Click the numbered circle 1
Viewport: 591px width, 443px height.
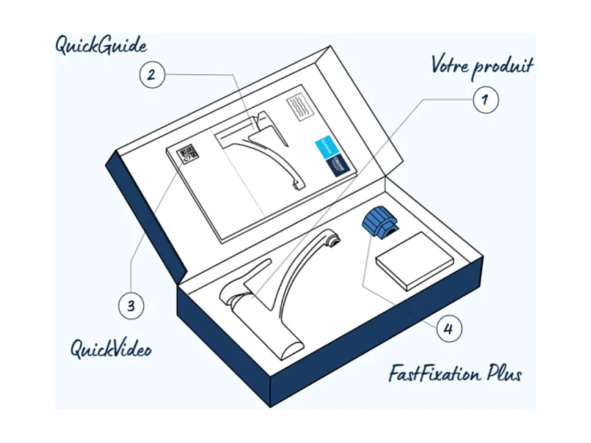(x=484, y=99)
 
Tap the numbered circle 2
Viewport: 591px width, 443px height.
(x=152, y=74)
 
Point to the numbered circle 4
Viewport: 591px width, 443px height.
(x=448, y=329)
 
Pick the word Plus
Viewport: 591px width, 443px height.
(x=506, y=375)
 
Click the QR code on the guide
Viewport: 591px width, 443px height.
(x=187, y=154)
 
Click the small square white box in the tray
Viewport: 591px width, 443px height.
(x=414, y=260)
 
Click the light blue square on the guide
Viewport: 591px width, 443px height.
(x=325, y=145)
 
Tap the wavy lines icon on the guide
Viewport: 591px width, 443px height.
(x=299, y=109)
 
